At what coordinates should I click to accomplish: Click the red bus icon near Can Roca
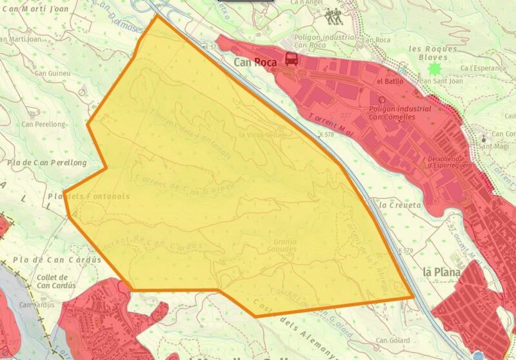292,60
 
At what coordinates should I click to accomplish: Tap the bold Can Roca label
255,63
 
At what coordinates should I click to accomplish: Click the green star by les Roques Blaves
435,68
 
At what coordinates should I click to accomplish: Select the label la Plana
441,272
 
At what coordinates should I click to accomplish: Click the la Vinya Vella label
260,135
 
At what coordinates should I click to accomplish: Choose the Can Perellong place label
44,124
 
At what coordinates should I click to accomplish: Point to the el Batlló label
390,82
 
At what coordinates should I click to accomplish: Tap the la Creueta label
401,205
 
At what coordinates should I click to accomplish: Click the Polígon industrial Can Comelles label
400,113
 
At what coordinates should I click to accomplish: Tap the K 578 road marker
328,134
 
